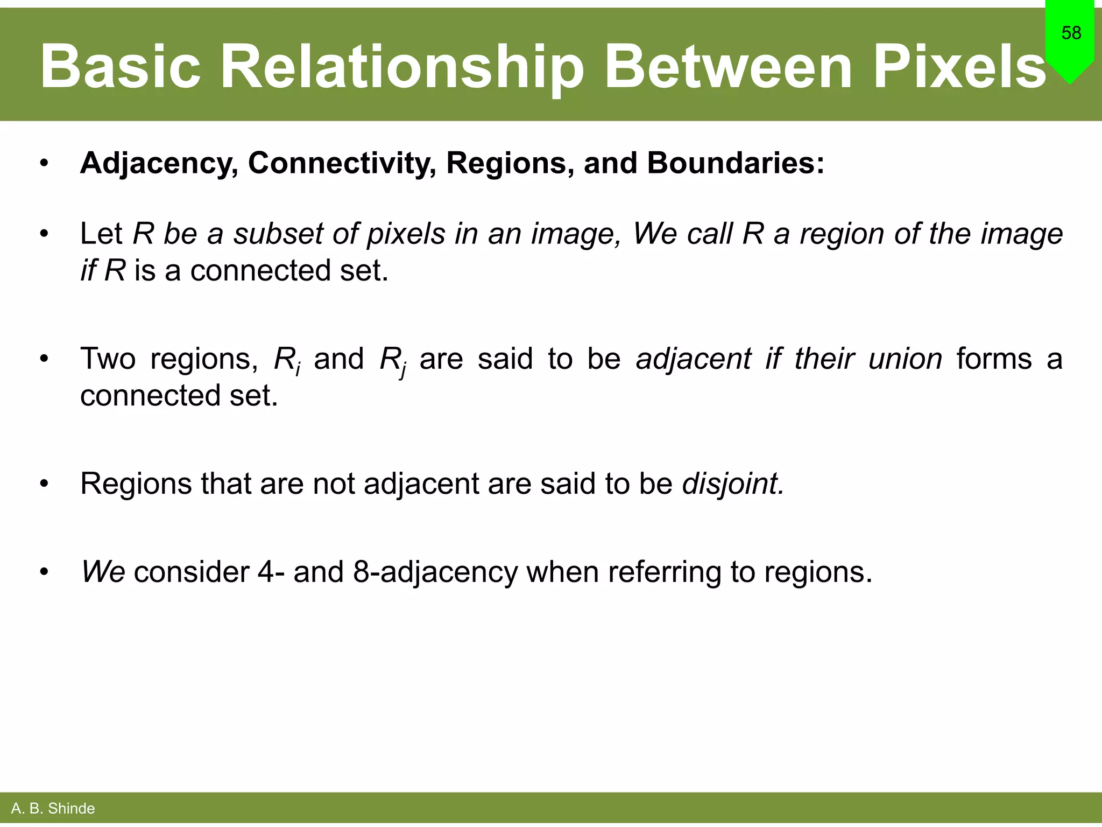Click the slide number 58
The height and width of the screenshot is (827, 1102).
pyautogui.click(x=1071, y=33)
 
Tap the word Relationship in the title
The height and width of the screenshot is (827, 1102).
pyautogui.click(x=402, y=67)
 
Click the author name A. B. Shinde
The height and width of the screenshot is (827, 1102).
pyautogui.click(x=53, y=808)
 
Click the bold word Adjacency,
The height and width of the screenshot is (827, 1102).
pyautogui.click(x=159, y=163)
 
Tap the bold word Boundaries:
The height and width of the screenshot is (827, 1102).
pyautogui.click(x=736, y=163)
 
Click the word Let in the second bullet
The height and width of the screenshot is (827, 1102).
pyautogui.click(x=102, y=234)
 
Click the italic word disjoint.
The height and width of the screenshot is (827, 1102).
pyautogui.click(x=733, y=484)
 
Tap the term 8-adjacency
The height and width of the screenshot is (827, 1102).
pyautogui.click(x=435, y=572)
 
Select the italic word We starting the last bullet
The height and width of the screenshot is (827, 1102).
pyautogui.click(x=103, y=572)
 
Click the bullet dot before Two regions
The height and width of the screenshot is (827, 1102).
pyautogui.click(x=44, y=359)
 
